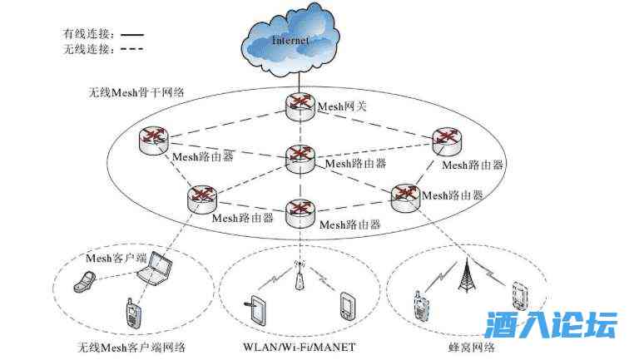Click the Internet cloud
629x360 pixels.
[x=291, y=38]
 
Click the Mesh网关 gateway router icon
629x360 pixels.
[x=297, y=106]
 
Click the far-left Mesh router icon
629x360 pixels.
[x=154, y=140]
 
